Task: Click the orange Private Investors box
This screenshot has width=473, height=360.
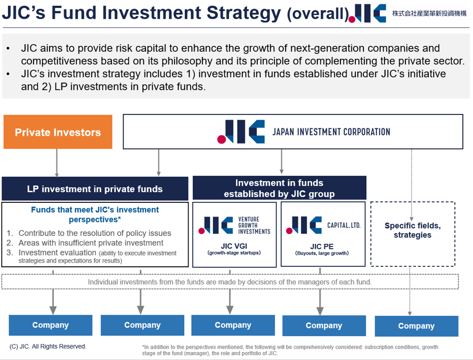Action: (58, 132)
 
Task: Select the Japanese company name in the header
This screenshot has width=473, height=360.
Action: (429, 13)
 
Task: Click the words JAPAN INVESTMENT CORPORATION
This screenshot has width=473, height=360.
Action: (331, 132)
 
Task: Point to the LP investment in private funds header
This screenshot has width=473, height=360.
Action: (95, 189)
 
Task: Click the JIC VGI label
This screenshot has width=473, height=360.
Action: (233, 247)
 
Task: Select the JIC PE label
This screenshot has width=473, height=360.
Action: (322, 247)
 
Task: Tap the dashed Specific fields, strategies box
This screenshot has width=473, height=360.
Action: (412, 231)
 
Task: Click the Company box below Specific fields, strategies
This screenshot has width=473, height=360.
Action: (416, 326)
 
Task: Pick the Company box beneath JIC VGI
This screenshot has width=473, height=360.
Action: (233, 325)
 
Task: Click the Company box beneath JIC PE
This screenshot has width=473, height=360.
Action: (323, 325)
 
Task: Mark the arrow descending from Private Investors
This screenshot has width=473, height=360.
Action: (57, 162)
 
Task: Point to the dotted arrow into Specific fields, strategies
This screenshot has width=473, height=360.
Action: (412, 181)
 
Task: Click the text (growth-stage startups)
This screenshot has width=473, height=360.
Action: (233, 253)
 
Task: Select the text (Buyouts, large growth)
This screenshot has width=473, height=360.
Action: (322, 253)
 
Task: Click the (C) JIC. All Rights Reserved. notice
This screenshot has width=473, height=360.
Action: (48, 347)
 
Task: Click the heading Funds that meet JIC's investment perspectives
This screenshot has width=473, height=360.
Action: (95, 214)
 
